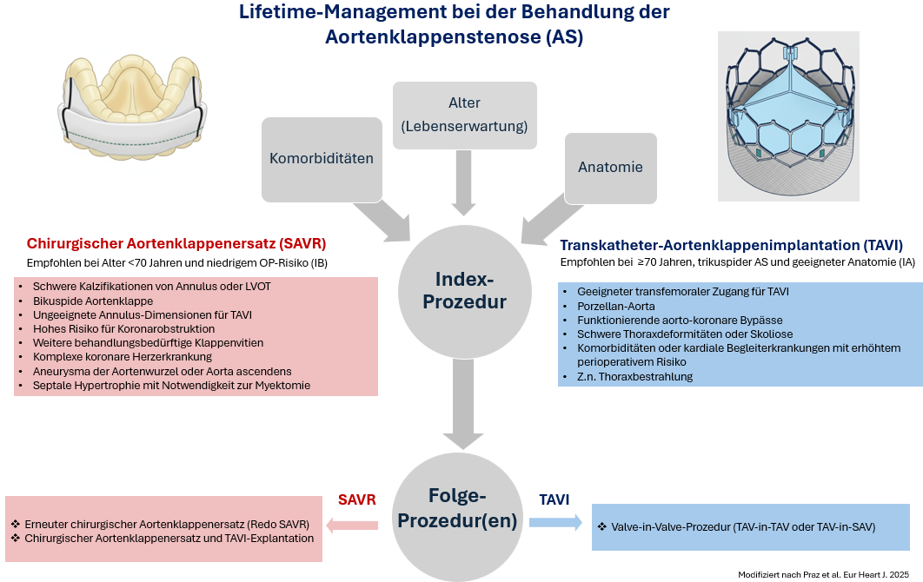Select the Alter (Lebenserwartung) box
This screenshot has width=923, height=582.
pyautogui.click(x=464, y=115)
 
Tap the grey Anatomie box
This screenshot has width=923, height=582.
pyautogui.click(x=610, y=167)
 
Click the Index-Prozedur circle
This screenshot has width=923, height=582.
pyautogui.click(x=464, y=291)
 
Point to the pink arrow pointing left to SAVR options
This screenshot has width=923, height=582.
pyautogui.click(x=352, y=524)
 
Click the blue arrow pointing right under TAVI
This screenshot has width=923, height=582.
pyautogui.click(x=555, y=522)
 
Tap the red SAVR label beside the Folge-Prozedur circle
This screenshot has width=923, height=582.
pyautogui.click(x=356, y=499)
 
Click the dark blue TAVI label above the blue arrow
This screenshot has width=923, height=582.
pyautogui.click(x=554, y=499)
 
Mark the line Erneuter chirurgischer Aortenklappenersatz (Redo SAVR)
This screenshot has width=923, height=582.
pyautogui.click(x=160, y=524)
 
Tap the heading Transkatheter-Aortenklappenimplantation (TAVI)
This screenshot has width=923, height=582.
pyautogui.click(x=731, y=245)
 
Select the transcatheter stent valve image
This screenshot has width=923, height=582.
pyautogui.click(x=787, y=116)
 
